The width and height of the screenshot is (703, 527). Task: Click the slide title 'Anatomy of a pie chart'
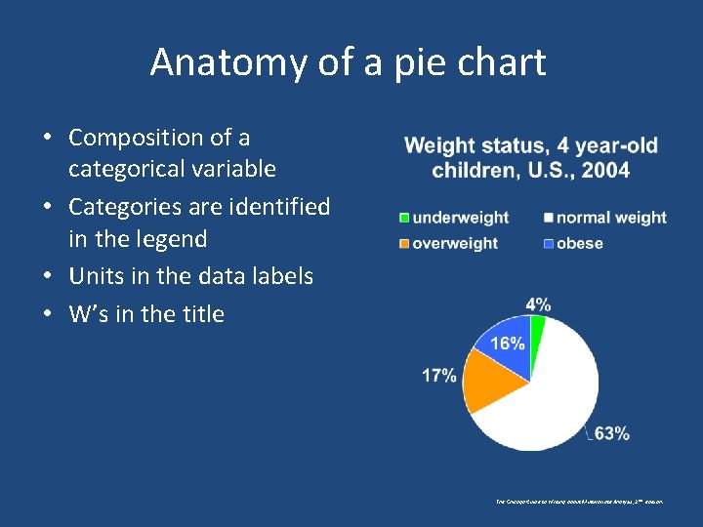click(348, 62)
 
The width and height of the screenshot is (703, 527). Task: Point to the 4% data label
click(538, 304)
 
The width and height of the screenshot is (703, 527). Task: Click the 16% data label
click(508, 344)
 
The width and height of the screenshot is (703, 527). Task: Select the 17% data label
click(438, 375)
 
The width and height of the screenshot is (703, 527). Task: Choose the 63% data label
click(611, 433)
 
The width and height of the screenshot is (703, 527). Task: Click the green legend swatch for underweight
click(403, 218)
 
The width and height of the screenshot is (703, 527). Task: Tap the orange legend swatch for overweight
click(403, 243)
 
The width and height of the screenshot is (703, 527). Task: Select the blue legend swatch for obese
click(549, 243)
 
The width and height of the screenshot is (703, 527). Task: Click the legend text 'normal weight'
click(611, 218)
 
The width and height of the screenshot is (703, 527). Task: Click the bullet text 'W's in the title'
click(146, 314)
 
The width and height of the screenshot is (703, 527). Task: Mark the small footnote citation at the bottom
click(580, 501)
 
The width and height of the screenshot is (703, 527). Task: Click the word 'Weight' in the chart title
click(439, 146)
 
